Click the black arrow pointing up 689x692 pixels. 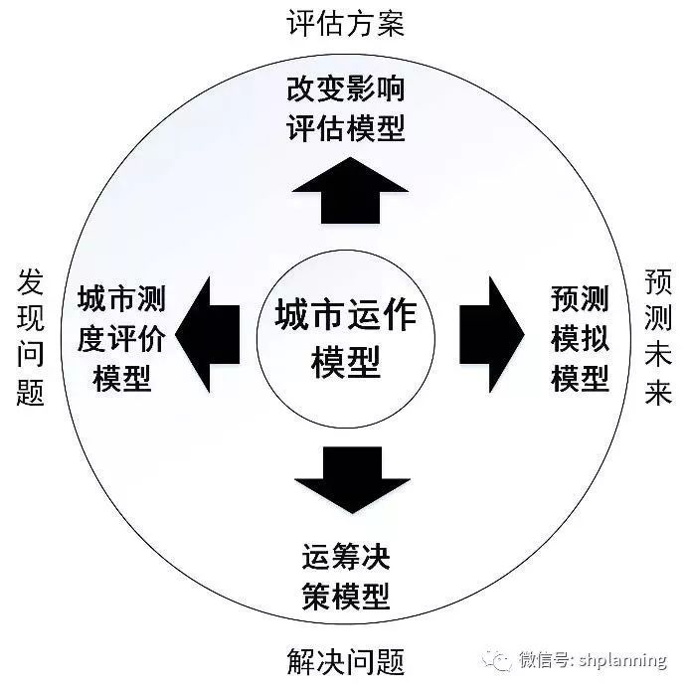[x=350, y=191]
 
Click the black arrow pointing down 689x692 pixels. [x=352, y=480]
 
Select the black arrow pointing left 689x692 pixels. [x=208, y=334]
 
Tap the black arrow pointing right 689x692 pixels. [x=492, y=334]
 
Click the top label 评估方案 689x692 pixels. [x=346, y=23]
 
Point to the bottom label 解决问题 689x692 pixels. [x=346, y=661]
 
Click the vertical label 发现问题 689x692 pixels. [x=31, y=337]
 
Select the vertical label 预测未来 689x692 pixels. [x=658, y=337]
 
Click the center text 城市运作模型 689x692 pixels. [x=346, y=339]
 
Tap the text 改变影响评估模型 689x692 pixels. [x=346, y=108]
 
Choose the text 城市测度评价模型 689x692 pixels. [x=122, y=339]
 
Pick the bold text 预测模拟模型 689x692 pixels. [x=580, y=339]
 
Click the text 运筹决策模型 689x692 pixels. [x=346, y=577]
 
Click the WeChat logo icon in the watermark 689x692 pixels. [x=497, y=660]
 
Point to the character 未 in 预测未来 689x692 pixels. [x=658, y=355]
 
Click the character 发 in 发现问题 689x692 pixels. [x=31, y=281]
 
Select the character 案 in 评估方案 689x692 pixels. [x=390, y=23]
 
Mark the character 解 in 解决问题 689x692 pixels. [x=301, y=661]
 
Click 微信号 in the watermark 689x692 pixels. [x=544, y=660]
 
